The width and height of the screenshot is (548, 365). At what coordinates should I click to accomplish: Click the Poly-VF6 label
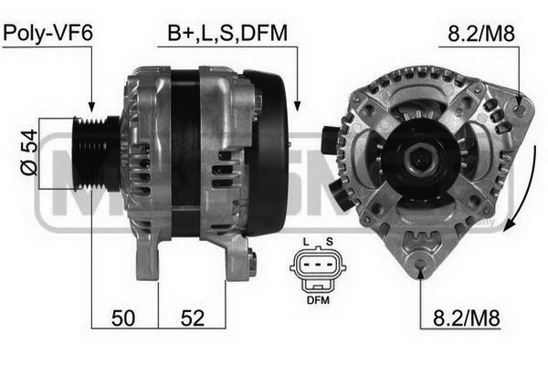47,33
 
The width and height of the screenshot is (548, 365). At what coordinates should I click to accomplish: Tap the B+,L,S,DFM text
227,33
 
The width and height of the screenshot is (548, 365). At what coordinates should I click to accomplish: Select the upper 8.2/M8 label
481,34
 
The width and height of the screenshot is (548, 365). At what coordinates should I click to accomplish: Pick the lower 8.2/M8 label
466,318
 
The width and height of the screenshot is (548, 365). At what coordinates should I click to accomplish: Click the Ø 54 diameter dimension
29,152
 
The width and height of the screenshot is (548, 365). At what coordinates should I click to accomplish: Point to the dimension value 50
123,318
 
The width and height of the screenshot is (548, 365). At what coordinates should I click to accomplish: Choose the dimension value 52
192,318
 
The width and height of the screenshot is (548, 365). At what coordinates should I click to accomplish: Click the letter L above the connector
306,242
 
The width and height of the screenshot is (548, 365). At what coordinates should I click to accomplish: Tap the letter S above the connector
329,242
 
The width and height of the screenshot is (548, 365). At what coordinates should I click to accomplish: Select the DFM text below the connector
318,299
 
